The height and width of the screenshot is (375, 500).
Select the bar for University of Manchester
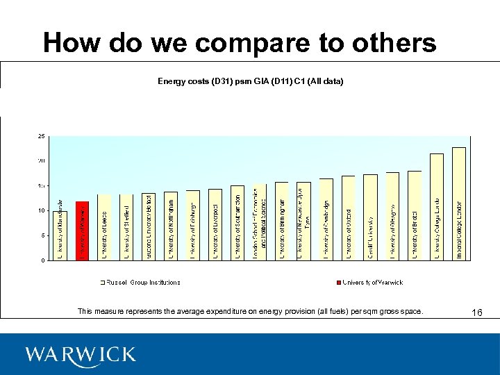coord(60,235)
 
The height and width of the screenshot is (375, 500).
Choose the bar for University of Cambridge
coord(326,219)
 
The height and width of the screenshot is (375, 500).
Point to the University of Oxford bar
coord(348,218)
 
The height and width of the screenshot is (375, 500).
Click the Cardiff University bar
coord(370,217)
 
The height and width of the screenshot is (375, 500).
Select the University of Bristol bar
coord(415,215)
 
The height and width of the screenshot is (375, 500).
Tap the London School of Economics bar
coord(260,222)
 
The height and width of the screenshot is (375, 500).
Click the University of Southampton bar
coord(237,223)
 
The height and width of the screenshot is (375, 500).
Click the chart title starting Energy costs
coord(250,82)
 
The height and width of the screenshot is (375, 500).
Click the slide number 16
coord(476,313)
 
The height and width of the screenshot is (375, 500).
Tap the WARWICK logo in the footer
coord(80,355)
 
